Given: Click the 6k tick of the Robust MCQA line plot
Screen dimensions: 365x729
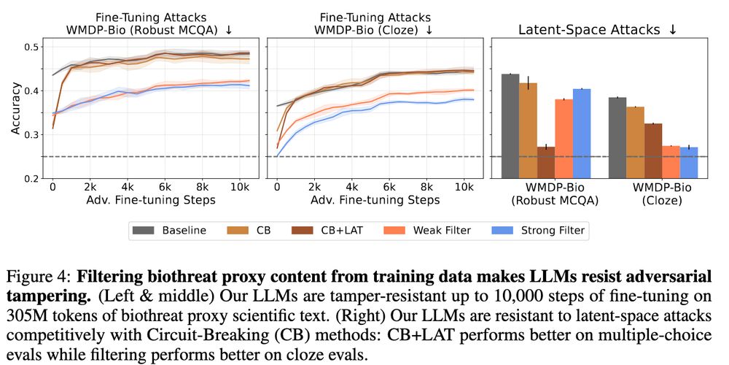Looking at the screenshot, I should coord(164,186).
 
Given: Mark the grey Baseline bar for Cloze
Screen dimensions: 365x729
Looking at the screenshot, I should coord(617,138).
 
